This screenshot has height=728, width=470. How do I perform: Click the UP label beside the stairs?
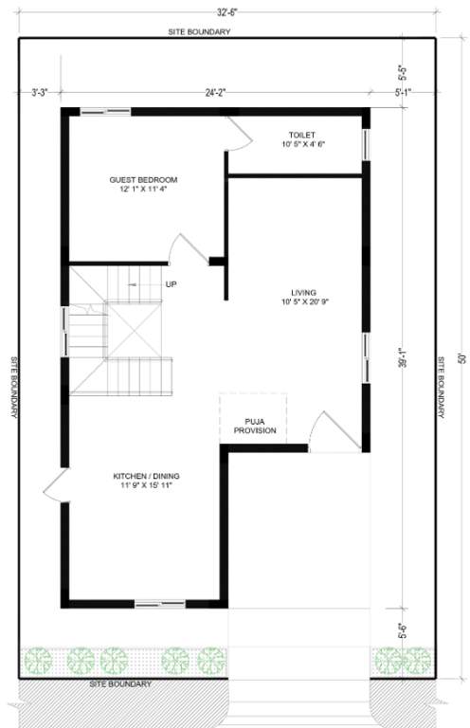point(172,283)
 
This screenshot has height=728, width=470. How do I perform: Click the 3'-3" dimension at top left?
point(39,93)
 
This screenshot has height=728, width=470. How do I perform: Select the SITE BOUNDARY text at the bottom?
point(119,683)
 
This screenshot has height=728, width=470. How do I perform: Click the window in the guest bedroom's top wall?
point(104,111)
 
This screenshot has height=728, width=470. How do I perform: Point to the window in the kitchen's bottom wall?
point(159,604)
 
